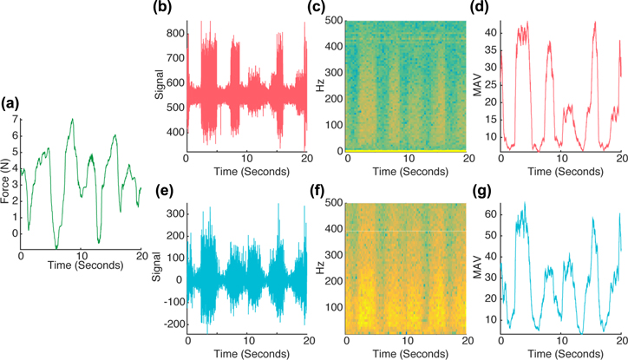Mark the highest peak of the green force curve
click(73, 120)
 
